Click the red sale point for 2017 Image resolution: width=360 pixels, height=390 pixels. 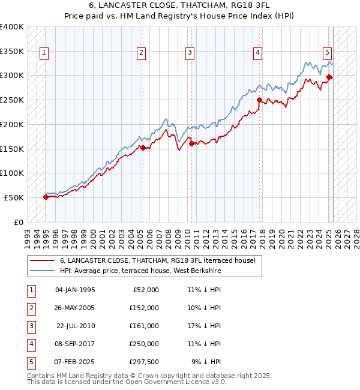(x=259, y=100)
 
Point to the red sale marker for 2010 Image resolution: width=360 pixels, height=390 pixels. (x=191, y=143)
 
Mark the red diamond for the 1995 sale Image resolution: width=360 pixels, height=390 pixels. (x=46, y=196)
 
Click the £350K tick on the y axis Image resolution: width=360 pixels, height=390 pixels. (x=12, y=52)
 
